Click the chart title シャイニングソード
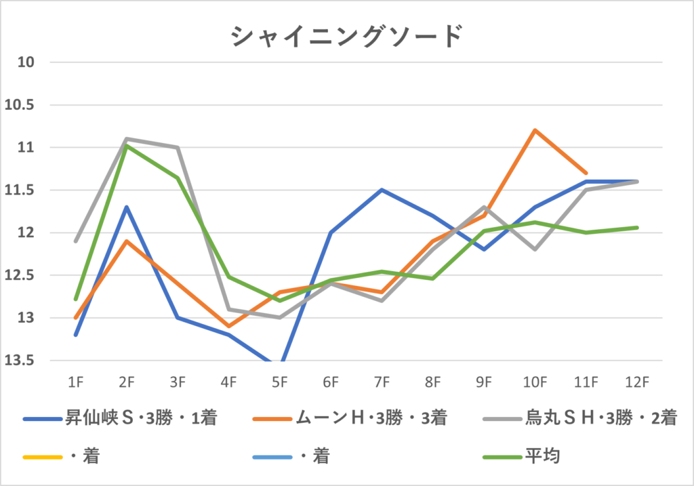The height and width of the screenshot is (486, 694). (347, 36)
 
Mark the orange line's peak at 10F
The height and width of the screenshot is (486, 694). (535, 130)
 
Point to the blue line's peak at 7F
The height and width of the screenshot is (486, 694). (382, 190)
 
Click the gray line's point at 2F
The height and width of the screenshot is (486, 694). (127, 139)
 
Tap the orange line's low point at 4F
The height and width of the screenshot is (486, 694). (229, 326)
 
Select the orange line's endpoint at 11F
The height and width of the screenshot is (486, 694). (586, 173)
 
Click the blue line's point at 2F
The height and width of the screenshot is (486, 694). (127, 207)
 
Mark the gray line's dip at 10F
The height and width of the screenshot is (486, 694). (535, 249)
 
